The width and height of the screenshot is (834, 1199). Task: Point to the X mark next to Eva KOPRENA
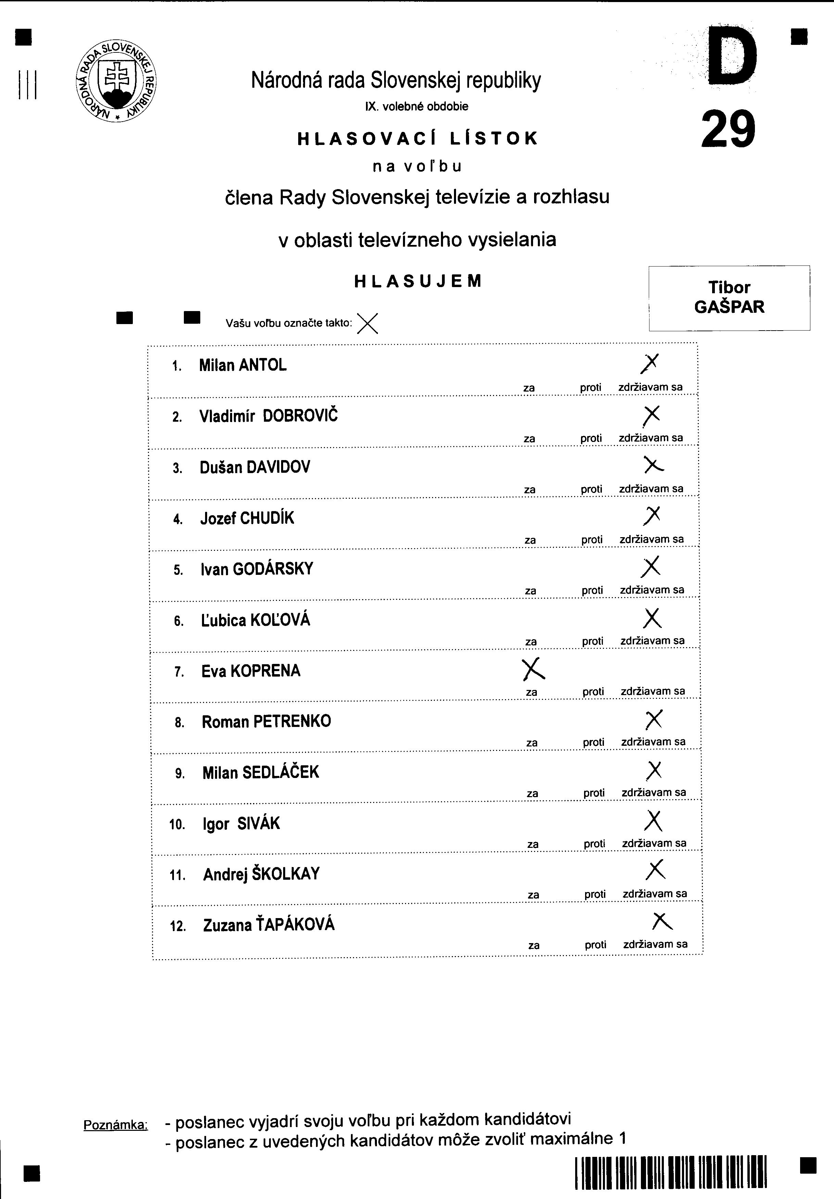coord(533,669)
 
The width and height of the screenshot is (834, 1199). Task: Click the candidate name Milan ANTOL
coord(243,365)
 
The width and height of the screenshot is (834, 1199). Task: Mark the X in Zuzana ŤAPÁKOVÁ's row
coord(662,921)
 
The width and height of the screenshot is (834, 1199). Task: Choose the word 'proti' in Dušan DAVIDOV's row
coord(591,489)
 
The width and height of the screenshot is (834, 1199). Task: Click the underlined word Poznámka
coord(115,1124)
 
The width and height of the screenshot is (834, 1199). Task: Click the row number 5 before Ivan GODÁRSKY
coord(178,570)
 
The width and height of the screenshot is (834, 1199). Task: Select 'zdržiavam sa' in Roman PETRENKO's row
coord(654,742)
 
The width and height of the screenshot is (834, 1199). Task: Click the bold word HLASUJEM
coord(418,282)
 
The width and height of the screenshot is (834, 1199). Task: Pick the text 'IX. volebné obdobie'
coord(416,107)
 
